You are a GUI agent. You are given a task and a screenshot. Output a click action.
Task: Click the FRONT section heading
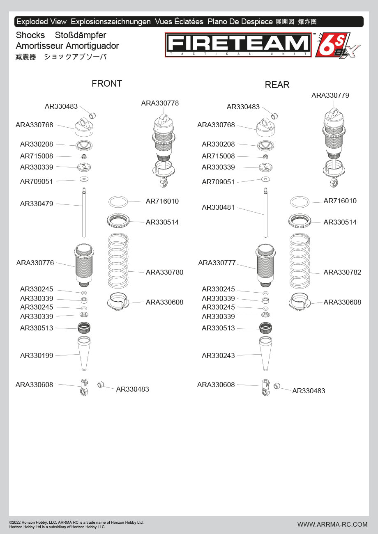(107, 84)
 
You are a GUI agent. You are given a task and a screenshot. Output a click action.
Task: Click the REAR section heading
(277, 85)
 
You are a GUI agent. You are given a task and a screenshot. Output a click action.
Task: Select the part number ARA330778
(160, 103)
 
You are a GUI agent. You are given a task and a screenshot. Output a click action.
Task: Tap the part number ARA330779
(330, 96)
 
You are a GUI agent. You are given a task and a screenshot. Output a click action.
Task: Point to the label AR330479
(37, 204)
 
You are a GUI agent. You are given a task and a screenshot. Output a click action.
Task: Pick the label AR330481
(218, 208)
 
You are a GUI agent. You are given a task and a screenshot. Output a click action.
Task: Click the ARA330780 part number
(164, 273)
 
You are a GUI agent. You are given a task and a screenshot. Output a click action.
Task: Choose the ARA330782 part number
(342, 273)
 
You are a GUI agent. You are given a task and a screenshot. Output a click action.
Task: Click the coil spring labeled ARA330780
(118, 261)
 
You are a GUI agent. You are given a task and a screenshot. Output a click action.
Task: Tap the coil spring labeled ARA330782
(300, 261)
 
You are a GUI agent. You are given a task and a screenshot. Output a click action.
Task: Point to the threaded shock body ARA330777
(266, 265)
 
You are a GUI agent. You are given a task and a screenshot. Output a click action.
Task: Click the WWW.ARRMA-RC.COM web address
(332, 524)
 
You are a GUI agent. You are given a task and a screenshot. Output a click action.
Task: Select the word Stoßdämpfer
(80, 35)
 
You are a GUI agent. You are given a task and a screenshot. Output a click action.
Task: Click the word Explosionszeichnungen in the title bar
(111, 22)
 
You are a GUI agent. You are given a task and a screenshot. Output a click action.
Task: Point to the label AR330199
(37, 356)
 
